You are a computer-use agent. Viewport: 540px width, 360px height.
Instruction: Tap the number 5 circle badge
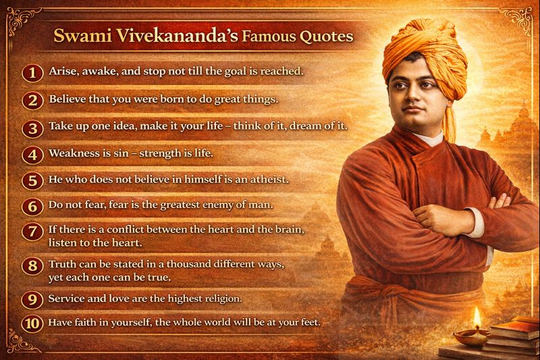tap(32, 180)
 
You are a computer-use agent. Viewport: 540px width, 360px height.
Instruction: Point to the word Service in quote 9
tap(66, 297)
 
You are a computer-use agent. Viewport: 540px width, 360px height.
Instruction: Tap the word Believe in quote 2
tap(67, 99)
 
